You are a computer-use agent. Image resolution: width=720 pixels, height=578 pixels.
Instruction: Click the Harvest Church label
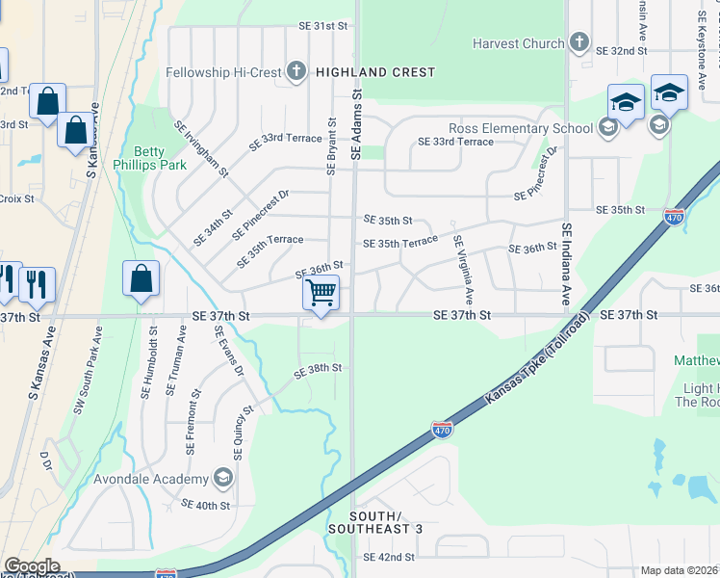click(x=518, y=43)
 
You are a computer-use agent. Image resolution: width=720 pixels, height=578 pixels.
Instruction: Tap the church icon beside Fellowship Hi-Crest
click(x=296, y=71)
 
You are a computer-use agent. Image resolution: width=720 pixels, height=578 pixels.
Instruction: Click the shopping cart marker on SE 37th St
click(x=321, y=291)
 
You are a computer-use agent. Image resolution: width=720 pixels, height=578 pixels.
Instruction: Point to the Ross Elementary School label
click(x=521, y=128)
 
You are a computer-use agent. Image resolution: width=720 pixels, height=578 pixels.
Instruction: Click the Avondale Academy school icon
click(x=223, y=479)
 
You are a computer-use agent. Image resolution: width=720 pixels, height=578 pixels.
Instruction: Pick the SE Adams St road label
click(x=356, y=125)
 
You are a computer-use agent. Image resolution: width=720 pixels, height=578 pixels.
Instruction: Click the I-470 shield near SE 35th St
click(x=675, y=217)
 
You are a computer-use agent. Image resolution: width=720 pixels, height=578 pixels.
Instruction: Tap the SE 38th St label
click(x=319, y=368)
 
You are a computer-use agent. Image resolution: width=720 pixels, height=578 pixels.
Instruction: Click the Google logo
click(x=32, y=565)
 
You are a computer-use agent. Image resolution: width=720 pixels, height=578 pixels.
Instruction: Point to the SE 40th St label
click(x=205, y=505)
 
